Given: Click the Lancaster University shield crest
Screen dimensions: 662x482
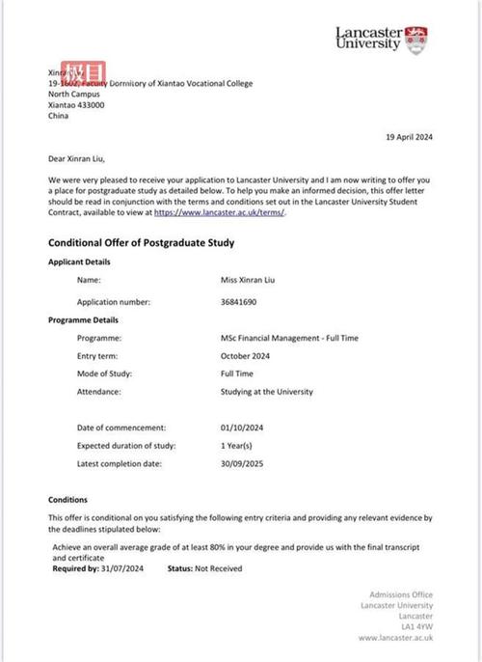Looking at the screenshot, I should point(417,40).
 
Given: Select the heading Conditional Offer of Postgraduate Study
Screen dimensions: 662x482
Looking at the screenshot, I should point(141,243).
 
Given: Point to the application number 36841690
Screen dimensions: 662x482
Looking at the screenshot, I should point(240,301).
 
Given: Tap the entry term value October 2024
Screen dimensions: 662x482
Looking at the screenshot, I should point(248,356).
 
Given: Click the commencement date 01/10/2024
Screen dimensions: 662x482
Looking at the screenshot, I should point(243,427).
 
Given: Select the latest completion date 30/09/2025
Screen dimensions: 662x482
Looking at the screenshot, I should point(243,464).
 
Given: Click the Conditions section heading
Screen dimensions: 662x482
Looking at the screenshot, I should point(67,500).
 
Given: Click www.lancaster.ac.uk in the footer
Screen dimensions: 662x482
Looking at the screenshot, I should point(395,638).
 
